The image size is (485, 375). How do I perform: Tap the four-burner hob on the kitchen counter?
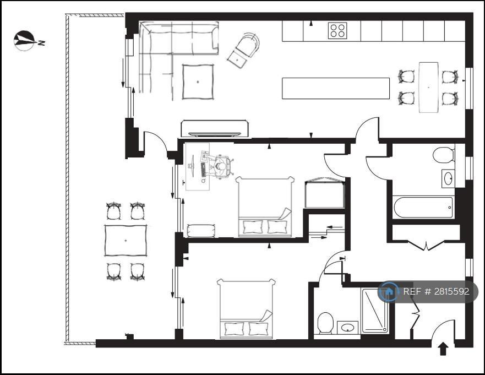point(337,31)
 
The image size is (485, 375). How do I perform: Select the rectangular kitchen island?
point(336,88)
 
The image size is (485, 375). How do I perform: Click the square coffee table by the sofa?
point(198,81)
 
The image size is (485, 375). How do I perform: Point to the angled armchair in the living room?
point(243,51)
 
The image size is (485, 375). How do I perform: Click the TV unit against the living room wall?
point(215,128)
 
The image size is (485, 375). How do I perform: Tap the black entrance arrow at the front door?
point(443,349)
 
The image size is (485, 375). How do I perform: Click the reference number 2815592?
point(451,291)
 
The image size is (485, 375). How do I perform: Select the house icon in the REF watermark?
point(389,291)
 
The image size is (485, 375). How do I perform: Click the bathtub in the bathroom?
point(423,207)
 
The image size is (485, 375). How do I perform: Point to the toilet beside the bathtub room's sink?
point(443,155)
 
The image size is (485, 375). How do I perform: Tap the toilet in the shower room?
point(325,323)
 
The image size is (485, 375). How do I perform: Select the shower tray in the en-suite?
point(375,311)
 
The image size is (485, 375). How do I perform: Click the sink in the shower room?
point(347,327)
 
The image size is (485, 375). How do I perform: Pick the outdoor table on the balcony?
point(126,241)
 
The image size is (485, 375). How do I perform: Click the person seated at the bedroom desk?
point(221,166)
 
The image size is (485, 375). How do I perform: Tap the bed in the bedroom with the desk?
point(265,206)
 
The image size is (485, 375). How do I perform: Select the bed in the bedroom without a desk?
point(246,308)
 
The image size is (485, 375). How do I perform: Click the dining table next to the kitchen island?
point(428,87)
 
